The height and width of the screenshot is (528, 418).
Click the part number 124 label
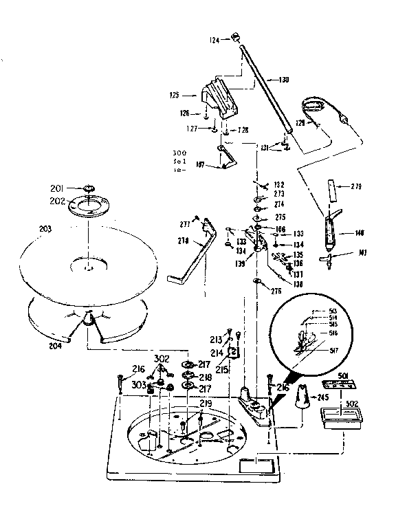(x=214, y=41)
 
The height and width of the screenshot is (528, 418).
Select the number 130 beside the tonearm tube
(x=283, y=80)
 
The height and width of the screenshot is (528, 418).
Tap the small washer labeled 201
(x=89, y=188)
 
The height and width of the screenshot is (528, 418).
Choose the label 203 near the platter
(x=45, y=227)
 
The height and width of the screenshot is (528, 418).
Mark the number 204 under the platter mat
(x=55, y=346)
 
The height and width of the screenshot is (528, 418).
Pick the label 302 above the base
(x=161, y=358)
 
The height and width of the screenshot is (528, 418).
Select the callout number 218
(x=206, y=377)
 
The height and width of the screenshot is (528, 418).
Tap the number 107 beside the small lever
(x=200, y=164)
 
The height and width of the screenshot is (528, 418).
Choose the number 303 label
(x=138, y=386)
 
